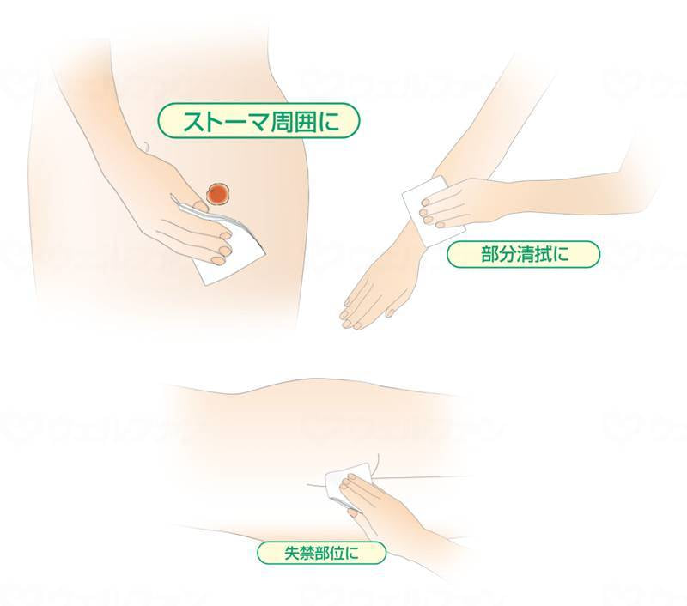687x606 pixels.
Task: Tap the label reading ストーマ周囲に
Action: pyautogui.click(x=257, y=121)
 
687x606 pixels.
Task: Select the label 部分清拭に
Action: pyautogui.click(x=522, y=255)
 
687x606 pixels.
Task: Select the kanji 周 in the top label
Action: pyautogui.click(x=278, y=121)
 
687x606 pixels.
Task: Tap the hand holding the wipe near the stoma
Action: pyautogui.click(x=185, y=215)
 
